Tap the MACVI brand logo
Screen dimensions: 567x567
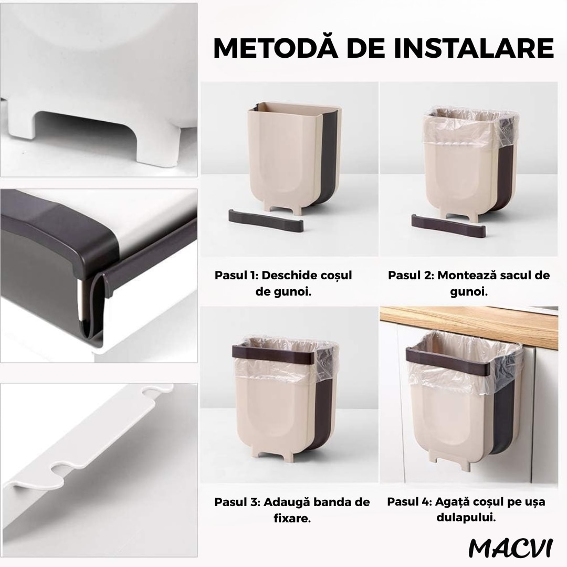[510, 547]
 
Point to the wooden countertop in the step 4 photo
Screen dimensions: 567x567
[472, 325]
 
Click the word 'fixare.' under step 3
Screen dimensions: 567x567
[292, 519]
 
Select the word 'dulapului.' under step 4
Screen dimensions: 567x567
[466, 518]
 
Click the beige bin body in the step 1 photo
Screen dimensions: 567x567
[276, 157]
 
